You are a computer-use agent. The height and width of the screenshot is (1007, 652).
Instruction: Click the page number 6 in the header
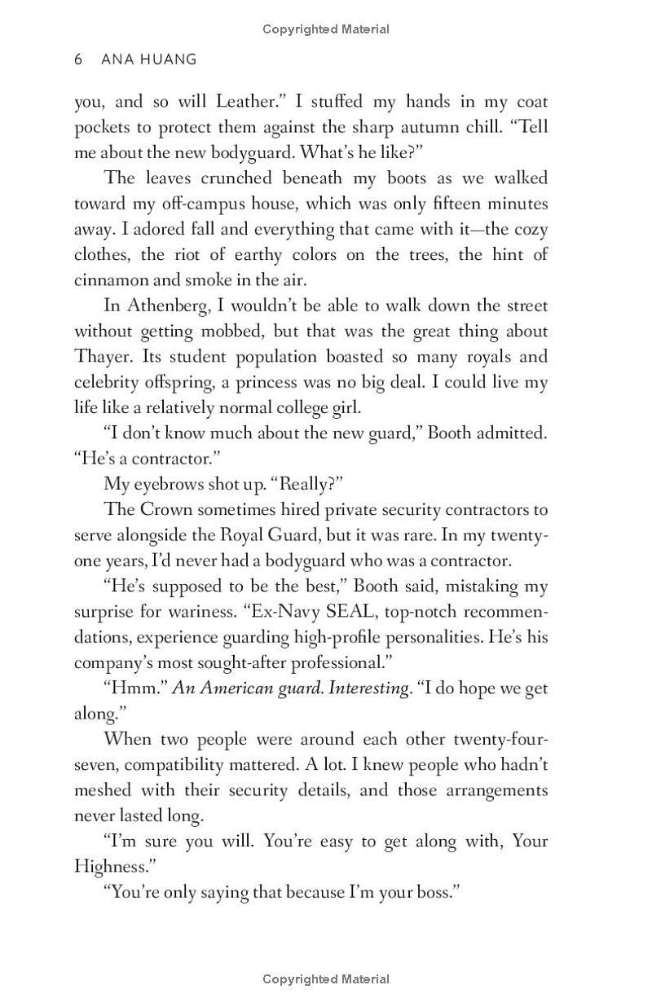click(x=78, y=59)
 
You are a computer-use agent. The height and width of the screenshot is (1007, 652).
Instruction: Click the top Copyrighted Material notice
click(x=326, y=29)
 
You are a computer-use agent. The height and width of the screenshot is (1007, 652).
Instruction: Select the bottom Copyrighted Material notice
click(x=326, y=979)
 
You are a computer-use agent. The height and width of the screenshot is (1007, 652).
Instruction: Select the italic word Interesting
click(x=368, y=688)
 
